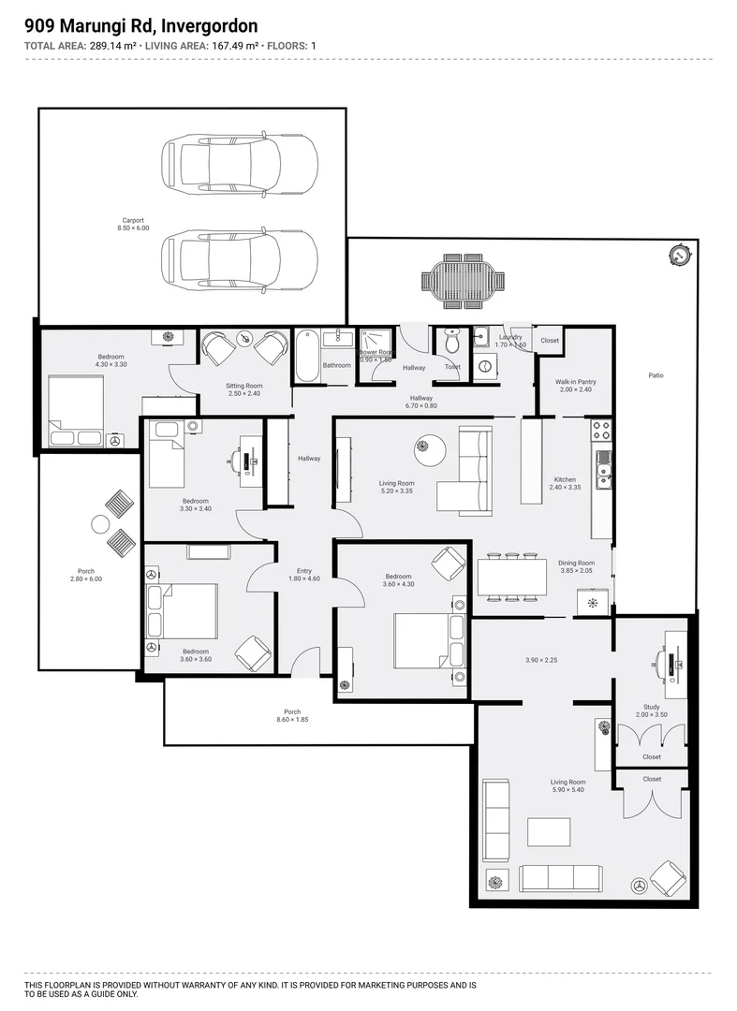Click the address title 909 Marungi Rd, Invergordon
point(140,26)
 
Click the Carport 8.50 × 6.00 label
point(133,225)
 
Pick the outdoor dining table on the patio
point(464,281)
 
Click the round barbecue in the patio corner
point(678,254)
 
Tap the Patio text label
point(656,375)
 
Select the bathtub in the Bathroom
point(307,357)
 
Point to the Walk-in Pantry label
point(575,386)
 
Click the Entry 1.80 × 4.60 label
point(304,575)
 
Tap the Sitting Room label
point(244,389)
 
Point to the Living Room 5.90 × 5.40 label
point(567,786)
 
